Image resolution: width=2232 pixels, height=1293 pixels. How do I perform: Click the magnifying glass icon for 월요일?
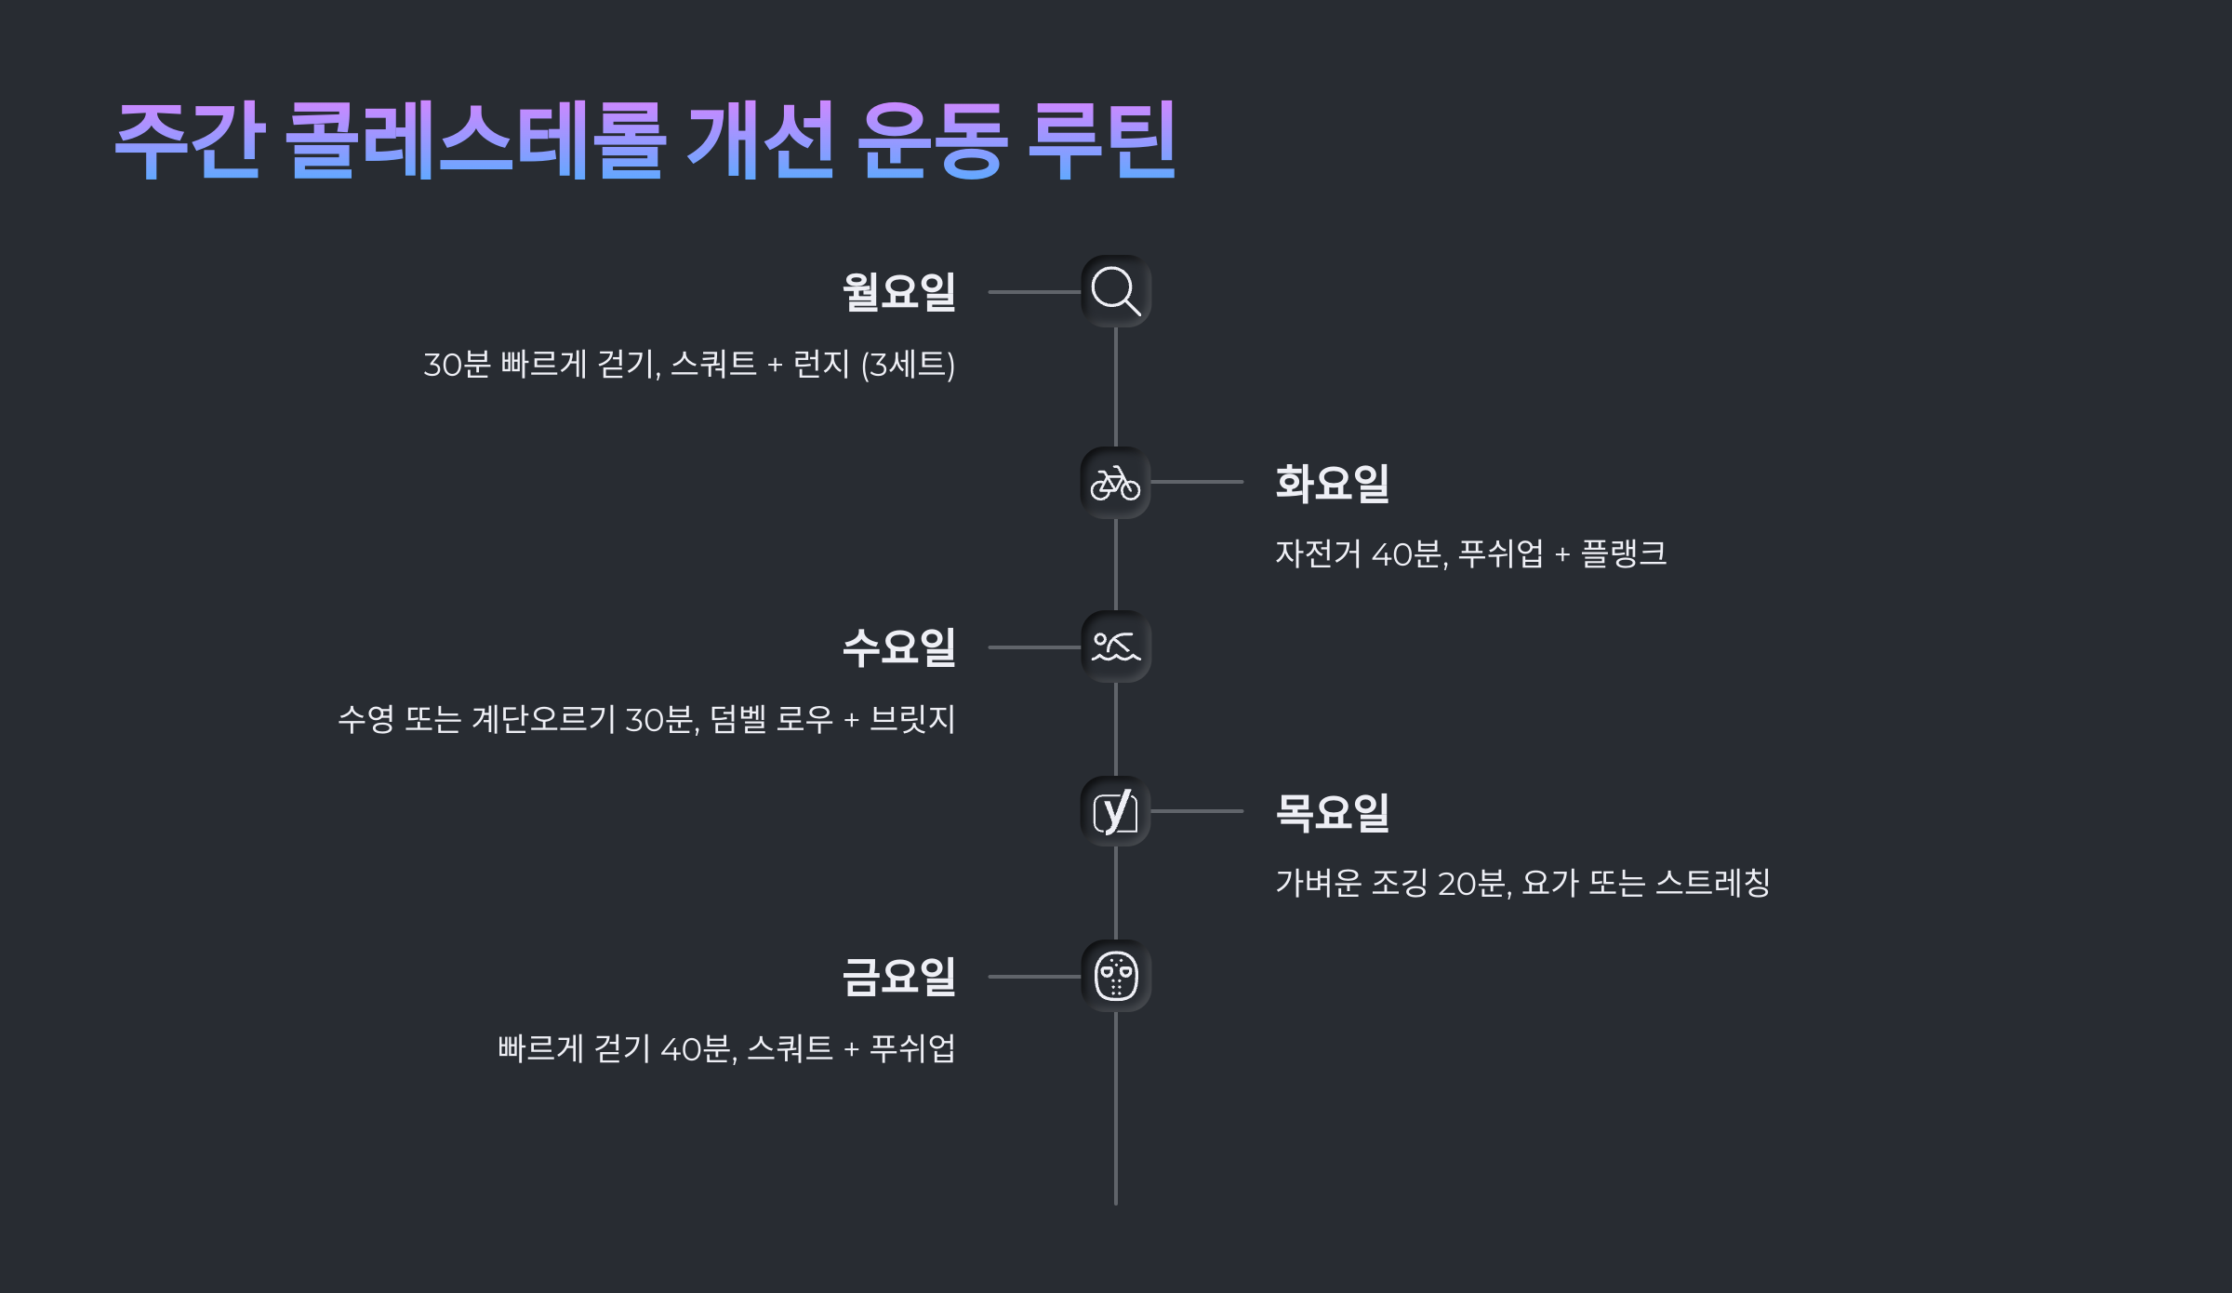[1115, 291]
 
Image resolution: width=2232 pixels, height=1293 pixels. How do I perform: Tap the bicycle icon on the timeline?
[1115, 483]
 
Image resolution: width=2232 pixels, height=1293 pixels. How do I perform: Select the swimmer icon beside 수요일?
[1115, 646]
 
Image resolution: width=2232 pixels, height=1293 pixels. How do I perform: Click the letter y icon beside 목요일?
[1115, 811]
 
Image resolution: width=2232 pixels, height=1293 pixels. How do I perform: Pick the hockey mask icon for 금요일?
[1115, 976]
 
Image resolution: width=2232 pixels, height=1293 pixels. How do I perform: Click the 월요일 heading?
[898, 292]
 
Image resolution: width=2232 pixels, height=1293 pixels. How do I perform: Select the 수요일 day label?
[898, 647]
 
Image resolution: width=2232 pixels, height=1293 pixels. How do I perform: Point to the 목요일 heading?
[1332, 812]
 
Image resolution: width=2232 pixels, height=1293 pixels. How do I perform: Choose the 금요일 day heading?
[898, 977]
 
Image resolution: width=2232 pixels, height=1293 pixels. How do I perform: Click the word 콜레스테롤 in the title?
[475, 140]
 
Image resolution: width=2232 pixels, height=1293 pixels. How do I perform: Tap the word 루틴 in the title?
[1102, 140]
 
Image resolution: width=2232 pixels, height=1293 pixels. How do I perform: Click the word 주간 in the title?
[190, 140]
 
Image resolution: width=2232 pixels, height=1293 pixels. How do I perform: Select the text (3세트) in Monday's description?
[908, 364]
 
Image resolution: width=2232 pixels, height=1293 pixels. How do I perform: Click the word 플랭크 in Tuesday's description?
[1624, 553]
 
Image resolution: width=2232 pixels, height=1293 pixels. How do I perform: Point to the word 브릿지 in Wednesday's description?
[912, 719]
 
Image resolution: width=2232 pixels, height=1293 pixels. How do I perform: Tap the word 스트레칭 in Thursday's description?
[1713, 883]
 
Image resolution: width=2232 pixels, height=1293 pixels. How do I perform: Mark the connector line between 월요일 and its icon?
[1033, 292]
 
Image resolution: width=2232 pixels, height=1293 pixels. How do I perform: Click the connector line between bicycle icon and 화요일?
[1197, 482]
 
